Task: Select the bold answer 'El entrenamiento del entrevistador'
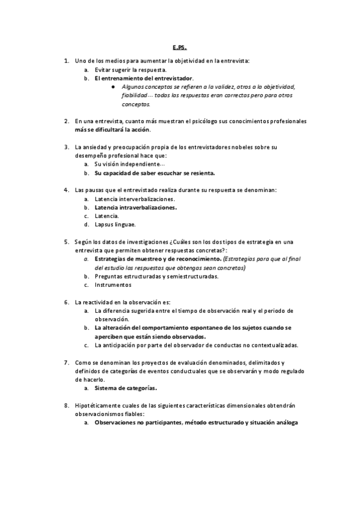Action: (144, 78)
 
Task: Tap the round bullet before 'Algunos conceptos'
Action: (113, 86)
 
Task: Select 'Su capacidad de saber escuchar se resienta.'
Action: (155, 173)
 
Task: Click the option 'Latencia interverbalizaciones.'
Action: (135, 199)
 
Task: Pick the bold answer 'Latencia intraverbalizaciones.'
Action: (136, 207)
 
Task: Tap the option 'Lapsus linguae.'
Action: (115, 224)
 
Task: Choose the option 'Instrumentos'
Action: (113, 285)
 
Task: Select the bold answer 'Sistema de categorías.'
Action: (127, 388)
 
